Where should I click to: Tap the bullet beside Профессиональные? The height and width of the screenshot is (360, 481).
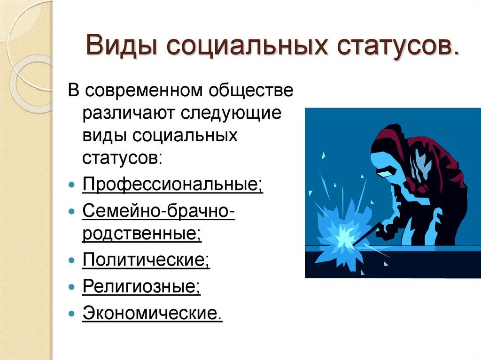[x=71, y=184]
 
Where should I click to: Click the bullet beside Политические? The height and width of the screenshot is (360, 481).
[x=71, y=260]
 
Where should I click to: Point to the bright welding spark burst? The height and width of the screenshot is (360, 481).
[x=341, y=230]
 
